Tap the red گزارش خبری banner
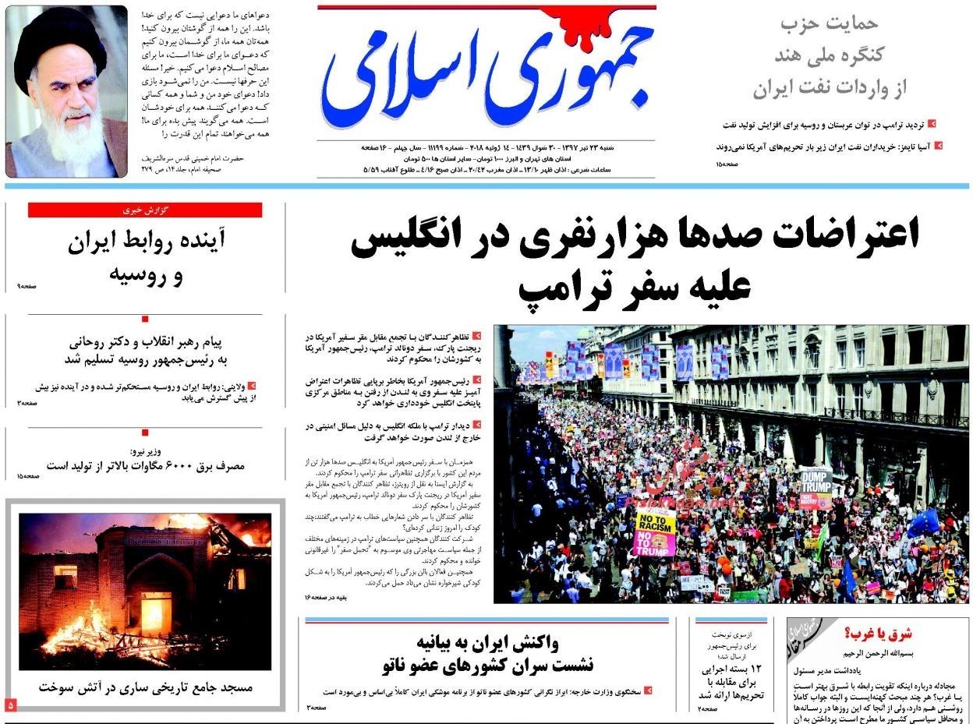click(145, 210)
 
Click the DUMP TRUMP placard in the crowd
click(816, 483)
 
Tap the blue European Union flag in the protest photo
click(925, 522)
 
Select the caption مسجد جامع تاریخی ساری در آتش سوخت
click(146, 688)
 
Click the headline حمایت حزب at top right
click(829, 24)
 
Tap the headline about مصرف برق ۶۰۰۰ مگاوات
click(146, 466)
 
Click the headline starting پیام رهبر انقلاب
click(146, 342)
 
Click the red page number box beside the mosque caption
click(11, 705)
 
